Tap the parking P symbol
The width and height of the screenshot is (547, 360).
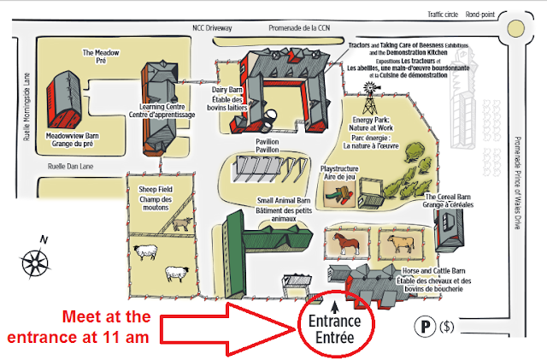tap(425, 326)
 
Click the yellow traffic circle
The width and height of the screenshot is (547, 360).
tap(515, 28)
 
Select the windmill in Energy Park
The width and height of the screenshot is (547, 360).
tap(369, 98)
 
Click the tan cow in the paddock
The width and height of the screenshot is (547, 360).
tap(401, 243)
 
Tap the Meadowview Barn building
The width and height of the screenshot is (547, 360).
tap(65, 100)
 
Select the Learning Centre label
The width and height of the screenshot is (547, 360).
tap(162, 110)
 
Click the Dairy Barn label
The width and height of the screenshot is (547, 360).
tap(227, 99)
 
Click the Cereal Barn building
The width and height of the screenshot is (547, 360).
tap(450, 230)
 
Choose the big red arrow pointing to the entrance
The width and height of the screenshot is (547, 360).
tap(226, 329)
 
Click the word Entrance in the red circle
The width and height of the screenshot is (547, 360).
tap(334, 321)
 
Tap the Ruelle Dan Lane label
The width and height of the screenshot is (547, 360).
tap(70, 167)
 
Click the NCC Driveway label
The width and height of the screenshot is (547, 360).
tap(212, 28)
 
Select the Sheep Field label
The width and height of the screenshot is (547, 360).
tap(156, 198)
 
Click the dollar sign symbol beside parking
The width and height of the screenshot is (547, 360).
tap(446, 327)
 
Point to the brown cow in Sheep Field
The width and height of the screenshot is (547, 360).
tap(182, 224)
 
